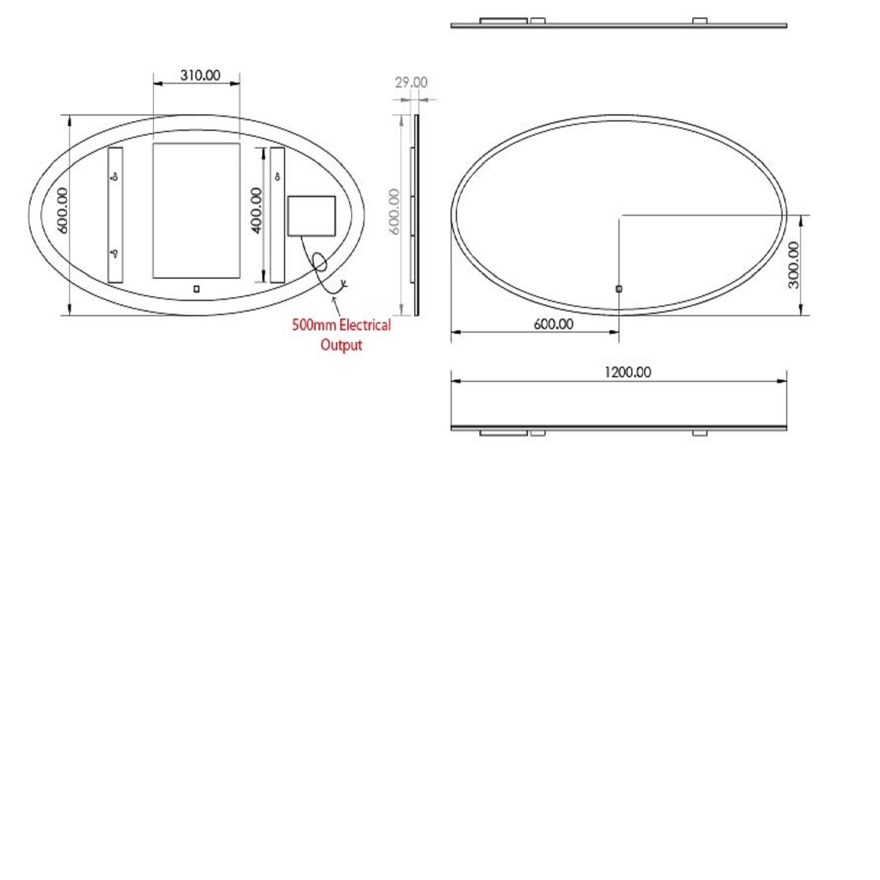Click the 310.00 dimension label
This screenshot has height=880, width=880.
pyautogui.click(x=200, y=75)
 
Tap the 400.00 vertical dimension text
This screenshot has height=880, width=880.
pyautogui.click(x=256, y=210)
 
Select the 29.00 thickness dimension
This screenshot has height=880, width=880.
pyautogui.click(x=411, y=82)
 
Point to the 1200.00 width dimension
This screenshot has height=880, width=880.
pyautogui.click(x=627, y=372)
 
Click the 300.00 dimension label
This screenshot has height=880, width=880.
pyautogui.click(x=793, y=265)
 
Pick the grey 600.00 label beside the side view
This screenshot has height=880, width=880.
pyautogui.click(x=394, y=211)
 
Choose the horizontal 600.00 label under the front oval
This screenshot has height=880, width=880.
pyautogui.click(x=553, y=324)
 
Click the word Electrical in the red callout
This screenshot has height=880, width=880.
pyautogui.click(x=365, y=325)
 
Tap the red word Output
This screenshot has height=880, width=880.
pyautogui.click(x=341, y=345)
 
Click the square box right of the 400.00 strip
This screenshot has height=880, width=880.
pyautogui.click(x=312, y=216)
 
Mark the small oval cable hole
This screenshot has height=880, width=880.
pyautogui.click(x=320, y=262)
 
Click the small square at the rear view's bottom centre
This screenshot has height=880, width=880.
pyautogui.click(x=197, y=289)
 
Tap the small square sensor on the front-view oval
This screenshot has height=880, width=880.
pyautogui.click(x=619, y=289)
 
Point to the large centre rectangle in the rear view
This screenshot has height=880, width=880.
pyautogui.click(x=197, y=210)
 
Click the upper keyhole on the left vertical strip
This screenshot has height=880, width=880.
pyautogui.click(x=115, y=175)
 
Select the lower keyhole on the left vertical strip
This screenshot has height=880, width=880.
pyautogui.click(x=115, y=253)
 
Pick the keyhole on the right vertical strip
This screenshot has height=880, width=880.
pyautogui.click(x=277, y=176)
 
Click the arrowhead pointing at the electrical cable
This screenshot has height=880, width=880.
pyautogui.click(x=334, y=299)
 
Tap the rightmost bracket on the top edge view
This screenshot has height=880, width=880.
pyautogui.click(x=700, y=21)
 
